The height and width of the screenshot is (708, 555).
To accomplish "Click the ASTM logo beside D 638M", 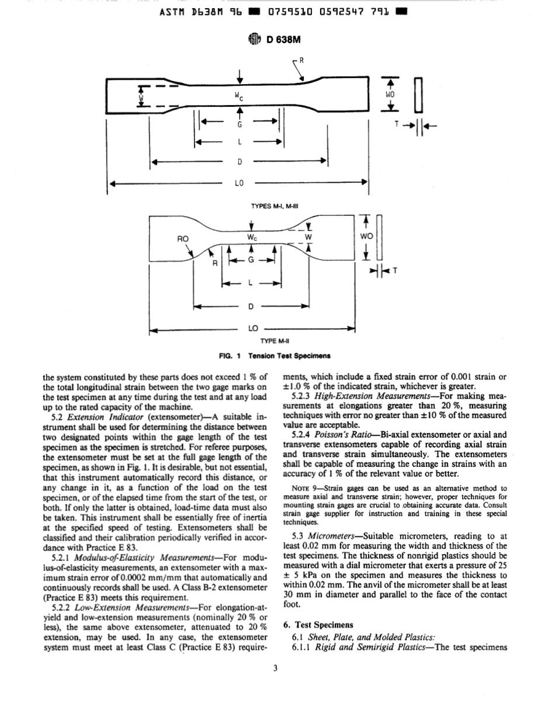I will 252,39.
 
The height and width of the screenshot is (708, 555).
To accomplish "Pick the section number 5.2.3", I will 303,395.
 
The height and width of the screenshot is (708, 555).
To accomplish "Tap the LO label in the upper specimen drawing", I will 238,183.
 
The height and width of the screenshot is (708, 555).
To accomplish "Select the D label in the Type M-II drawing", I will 251,306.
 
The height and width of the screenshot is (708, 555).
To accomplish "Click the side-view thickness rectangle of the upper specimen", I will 418,93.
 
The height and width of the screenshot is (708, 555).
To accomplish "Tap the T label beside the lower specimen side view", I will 395,271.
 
